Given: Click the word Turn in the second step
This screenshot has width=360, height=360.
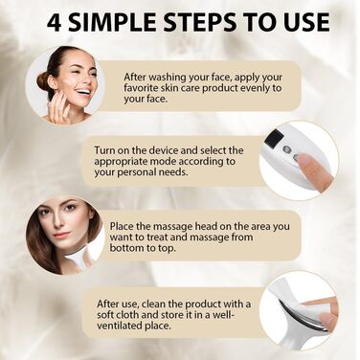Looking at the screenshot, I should [105, 150].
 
